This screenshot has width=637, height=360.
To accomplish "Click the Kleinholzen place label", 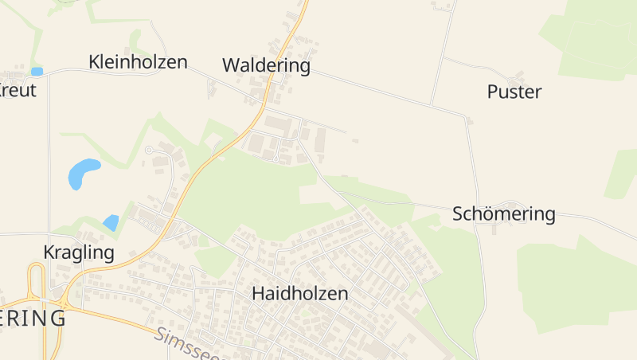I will [x=138, y=61].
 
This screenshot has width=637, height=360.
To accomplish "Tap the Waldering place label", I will [x=266, y=65].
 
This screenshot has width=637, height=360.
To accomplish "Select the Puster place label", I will [x=514, y=92].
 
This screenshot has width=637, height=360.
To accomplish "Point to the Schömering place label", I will [x=503, y=213].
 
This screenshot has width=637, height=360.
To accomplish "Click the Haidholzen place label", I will [x=299, y=293].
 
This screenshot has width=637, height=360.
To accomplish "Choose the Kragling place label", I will [x=79, y=253].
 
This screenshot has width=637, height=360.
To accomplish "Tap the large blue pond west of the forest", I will [x=83, y=173].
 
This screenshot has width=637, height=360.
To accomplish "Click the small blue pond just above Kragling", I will [x=111, y=223].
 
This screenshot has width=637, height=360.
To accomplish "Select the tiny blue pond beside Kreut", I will [x=37, y=72].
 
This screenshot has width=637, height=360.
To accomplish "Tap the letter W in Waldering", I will [x=232, y=65].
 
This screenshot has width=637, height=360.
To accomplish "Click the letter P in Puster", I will [x=492, y=92].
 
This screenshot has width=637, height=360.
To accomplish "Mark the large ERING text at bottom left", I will [x=33, y=318].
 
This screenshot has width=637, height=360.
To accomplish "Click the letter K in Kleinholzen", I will [x=95, y=61].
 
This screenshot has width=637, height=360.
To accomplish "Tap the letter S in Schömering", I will [x=457, y=213].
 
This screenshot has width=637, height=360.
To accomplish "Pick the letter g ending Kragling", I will [x=109, y=255].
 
